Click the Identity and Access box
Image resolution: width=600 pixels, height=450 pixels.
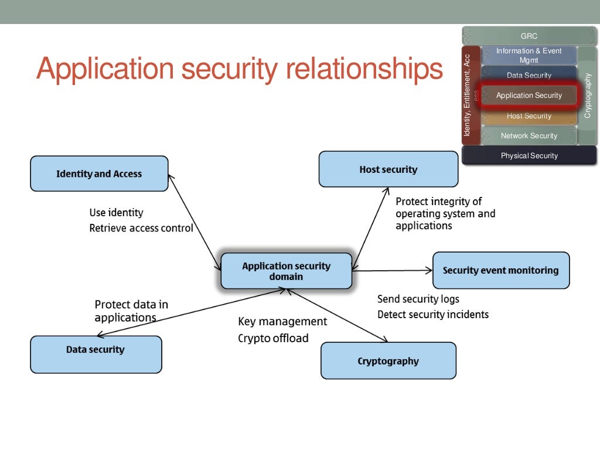coord(99,173)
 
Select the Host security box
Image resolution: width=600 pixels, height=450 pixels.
coord(388,169)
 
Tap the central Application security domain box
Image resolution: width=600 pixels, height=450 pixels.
coord(286,271)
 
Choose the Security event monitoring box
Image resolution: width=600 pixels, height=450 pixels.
coord(500,270)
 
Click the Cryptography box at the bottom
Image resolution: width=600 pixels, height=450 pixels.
coord(388,360)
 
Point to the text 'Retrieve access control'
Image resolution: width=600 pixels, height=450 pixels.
coord(141,228)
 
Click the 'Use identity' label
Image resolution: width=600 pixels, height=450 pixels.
coord(116,212)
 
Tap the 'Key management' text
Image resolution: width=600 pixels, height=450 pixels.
coord(282,321)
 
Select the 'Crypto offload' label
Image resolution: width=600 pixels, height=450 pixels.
coord(273,338)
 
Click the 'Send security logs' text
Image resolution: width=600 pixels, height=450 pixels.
coord(418,299)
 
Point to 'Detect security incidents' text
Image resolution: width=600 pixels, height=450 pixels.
coord(432,314)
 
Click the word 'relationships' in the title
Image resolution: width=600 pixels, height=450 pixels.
coord(364,70)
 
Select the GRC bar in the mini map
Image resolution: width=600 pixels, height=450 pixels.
coord(529,36)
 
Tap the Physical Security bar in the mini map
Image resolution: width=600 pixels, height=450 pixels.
coord(529,155)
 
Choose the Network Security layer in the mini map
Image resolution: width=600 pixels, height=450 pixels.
coord(529,135)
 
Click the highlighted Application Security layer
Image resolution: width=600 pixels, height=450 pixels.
coord(529,96)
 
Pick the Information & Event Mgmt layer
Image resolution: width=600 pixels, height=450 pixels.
coord(529,55)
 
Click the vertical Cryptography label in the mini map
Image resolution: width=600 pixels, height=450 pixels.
coord(588,96)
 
